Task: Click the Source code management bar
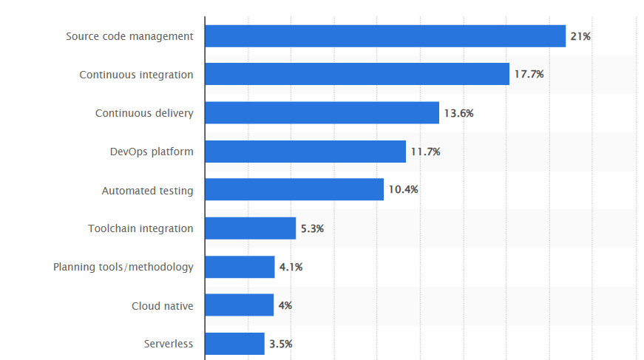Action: [384, 35]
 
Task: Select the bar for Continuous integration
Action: [356, 74]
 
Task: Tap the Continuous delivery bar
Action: [322, 113]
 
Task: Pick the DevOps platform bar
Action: [305, 152]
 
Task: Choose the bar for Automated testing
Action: [294, 190]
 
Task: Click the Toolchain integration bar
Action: [250, 228]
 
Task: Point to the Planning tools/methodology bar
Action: [240, 267]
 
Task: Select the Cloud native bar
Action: [239, 305]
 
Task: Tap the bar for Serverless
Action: [234, 344]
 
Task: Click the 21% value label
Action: [580, 36]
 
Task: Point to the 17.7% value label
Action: [529, 75]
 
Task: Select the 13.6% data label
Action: [458, 113]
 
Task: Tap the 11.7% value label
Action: [425, 152]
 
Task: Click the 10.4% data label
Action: [403, 190]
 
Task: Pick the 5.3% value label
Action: [312, 228]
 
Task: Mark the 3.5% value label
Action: [280, 344]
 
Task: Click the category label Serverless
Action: [169, 344]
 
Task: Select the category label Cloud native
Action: [163, 305]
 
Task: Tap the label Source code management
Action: [129, 36]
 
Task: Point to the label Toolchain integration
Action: [140, 228]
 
